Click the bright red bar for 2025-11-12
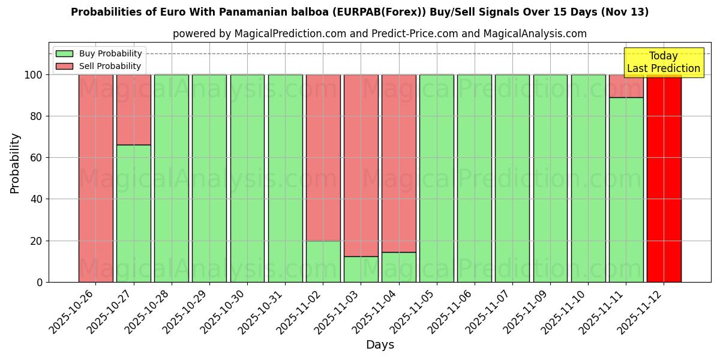pos(664,178)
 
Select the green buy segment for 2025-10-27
pos(133,213)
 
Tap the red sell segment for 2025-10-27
pos(133,109)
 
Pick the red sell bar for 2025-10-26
pos(95,178)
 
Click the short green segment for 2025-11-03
pos(361,269)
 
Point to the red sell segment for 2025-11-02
pos(323,157)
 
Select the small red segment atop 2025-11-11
pos(626,86)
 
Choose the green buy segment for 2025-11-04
pos(398,267)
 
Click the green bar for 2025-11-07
pos(512,178)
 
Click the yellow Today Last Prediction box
pos(663,62)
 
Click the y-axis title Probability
pos(15,163)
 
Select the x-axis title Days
pos(380,345)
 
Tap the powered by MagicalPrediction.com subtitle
pos(379,34)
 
